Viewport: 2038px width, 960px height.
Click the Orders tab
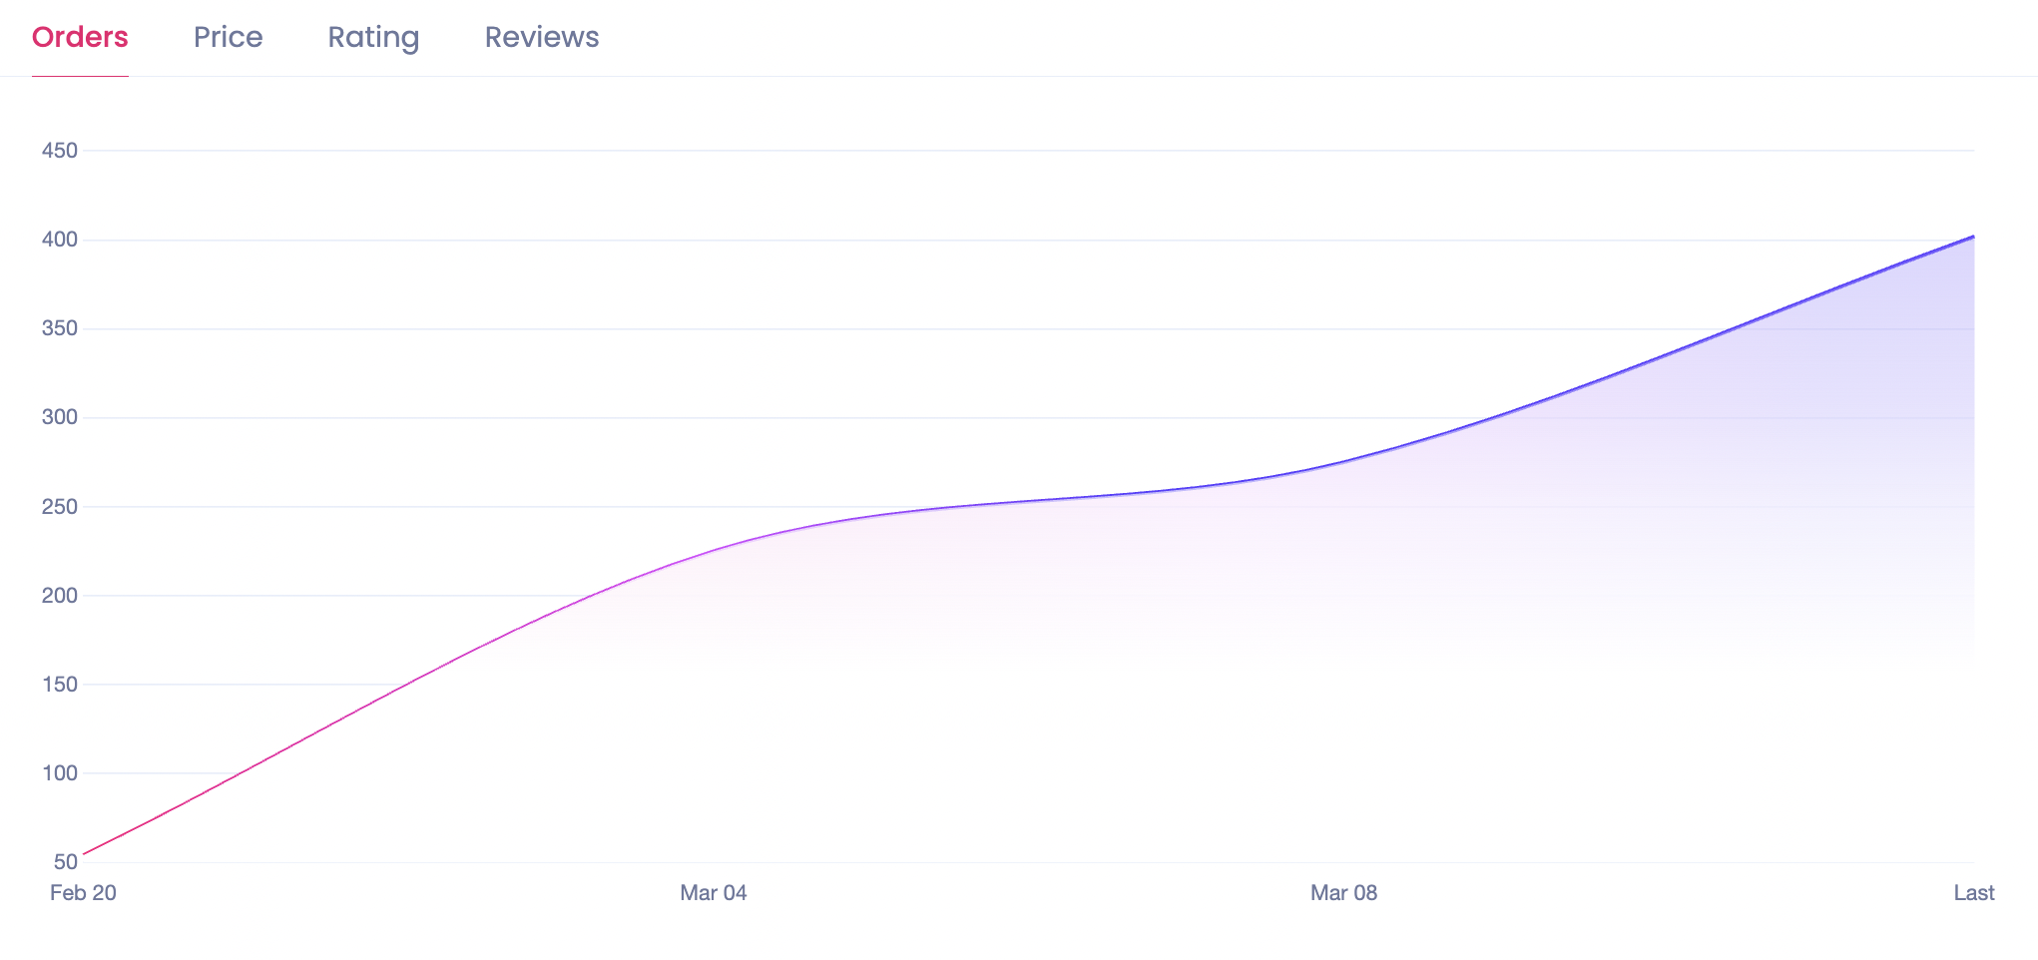click(x=80, y=37)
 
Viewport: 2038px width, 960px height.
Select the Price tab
click(x=228, y=37)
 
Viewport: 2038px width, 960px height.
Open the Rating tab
click(x=373, y=37)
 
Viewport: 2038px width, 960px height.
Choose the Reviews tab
click(x=542, y=37)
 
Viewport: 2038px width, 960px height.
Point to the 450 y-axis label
click(x=60, y=151)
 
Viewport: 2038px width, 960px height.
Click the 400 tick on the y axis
click(x=60, y=240)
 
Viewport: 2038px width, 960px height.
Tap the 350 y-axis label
click(x=60, y=328)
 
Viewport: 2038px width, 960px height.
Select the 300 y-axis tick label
click(x=60, y=417)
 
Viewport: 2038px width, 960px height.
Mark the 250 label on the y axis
click(x=60, y=507)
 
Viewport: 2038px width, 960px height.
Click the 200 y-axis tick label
click(x=60, y=596)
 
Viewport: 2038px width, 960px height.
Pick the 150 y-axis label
click(x=60, y=685)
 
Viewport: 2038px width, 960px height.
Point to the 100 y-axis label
click(x=60, y=773)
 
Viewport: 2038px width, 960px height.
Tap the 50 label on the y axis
click(x=66, y=862)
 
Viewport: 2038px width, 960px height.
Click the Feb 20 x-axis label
click(x=83, y=893)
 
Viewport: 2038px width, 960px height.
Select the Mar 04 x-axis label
click(x=714, y=893)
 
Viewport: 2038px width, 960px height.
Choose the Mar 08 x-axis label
click(x=1343, y=893)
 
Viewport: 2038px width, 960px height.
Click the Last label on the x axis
click(x=1973, y=893)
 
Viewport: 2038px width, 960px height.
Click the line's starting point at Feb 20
click(x=84, y=854)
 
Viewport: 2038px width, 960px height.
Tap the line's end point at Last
click(x=1973, y=237)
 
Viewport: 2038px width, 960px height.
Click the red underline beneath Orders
click(x=80, y=76)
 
